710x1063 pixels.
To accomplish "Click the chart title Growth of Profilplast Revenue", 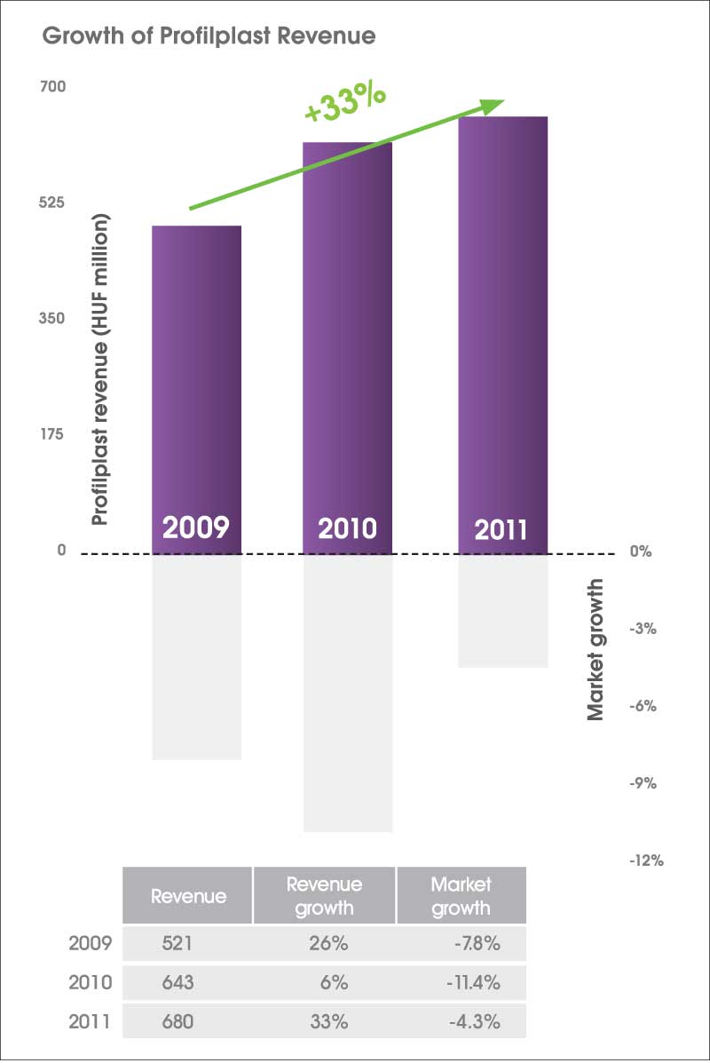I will click(209, 37).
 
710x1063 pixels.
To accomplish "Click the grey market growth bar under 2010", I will click(348, 693).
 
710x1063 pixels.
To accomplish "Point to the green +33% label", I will click(344, 103).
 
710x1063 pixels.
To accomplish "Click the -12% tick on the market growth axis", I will click(645, 861).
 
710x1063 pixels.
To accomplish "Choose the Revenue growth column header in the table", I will click(324, 896).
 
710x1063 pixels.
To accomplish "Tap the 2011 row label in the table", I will click(91, 1021).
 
